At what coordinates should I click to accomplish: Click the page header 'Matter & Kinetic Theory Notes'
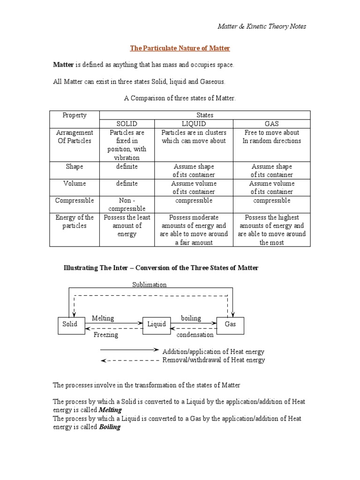tap(262, 26)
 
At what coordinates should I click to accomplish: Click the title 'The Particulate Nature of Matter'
tap(180, 48)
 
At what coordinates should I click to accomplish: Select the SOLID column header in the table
tap(127, 124)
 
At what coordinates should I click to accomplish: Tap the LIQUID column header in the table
tap(194, 124)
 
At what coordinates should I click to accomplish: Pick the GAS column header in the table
tap(271, 124)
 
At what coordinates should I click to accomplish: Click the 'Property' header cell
tap(75, 115)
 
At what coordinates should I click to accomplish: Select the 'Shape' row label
tap(75, 166)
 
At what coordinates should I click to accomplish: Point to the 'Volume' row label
tap(75, 183)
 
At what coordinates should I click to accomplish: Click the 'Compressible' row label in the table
tap(75, 200)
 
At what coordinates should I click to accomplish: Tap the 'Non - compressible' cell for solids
tap(127, 204)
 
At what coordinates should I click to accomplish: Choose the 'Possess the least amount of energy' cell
tap(127, 225)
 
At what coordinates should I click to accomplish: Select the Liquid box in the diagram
tap(157, 324)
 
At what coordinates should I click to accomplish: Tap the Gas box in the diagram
tap(230, 324)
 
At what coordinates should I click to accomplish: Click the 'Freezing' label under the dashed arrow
tap(105, 335)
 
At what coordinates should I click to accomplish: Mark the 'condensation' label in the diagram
tap(195, 335)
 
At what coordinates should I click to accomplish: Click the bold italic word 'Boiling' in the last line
tap(110, 427)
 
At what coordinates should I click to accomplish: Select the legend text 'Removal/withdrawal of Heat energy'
tap(213, 360)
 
